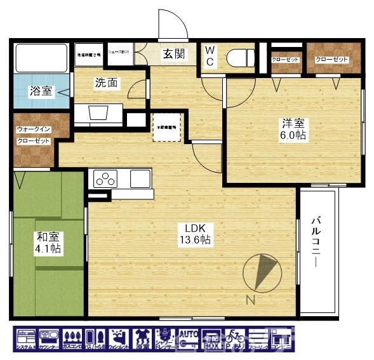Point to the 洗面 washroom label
coord(106,83)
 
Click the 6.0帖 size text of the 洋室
coord(294,136)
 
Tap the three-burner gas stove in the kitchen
coord(104,179)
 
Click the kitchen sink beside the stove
coord(140,179)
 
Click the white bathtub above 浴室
coord(39,58)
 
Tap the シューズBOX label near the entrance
coord(119,51)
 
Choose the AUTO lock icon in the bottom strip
coord(189,340)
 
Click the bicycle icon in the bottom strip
coord(235,340)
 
